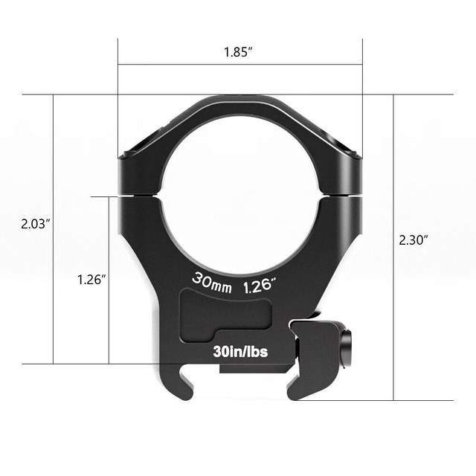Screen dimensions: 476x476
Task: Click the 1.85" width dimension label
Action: (240, 53)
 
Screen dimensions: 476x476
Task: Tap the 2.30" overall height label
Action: (414, 239)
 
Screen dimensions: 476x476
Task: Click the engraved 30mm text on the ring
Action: (212, 282)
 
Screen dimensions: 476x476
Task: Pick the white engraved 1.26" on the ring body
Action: (260, 283)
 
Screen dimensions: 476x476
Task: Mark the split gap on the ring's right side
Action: (341, 195)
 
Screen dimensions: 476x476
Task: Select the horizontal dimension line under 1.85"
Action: (240, 64)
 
